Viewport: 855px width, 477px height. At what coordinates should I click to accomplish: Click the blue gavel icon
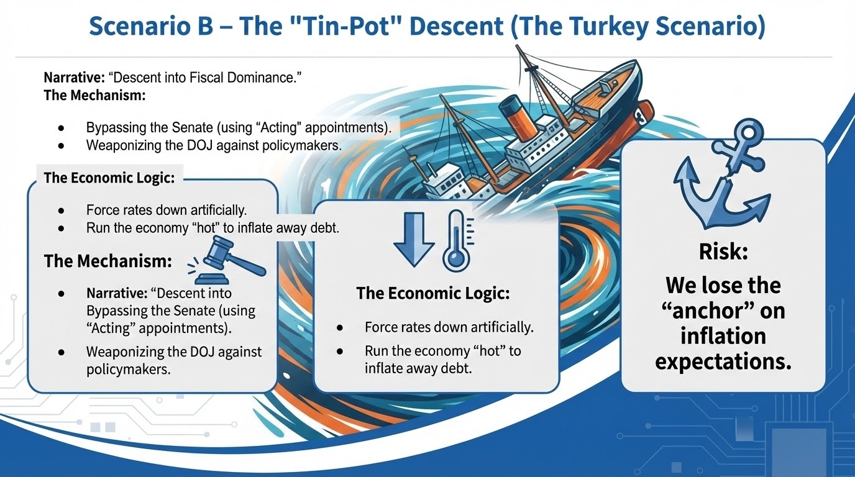coord(227,260)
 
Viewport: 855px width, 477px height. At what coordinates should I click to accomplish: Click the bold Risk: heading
coord(723,252)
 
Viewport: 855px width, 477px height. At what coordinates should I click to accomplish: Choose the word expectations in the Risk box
coord(723,361)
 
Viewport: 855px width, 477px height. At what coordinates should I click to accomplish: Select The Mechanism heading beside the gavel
coord(108,261)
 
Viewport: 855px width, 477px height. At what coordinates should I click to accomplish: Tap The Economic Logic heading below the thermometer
coord(433,293)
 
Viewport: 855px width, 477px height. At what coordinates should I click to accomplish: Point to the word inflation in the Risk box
coord(723,336)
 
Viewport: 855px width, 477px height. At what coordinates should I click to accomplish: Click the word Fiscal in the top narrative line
coord(206,78)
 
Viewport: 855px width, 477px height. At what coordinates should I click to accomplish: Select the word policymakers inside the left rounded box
coord(128,370)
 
